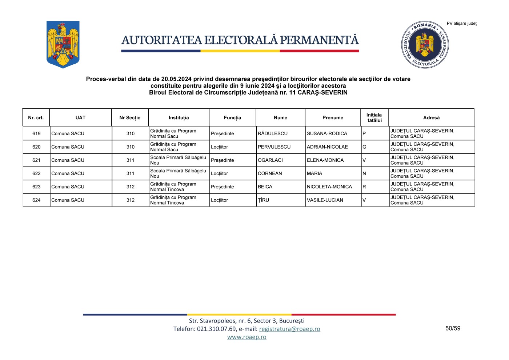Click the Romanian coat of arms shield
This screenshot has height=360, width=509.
click(x=63, y=44)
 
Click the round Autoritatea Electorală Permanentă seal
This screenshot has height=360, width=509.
click(x=425, y=45)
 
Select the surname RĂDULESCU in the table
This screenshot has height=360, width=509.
click(x=272, y=133)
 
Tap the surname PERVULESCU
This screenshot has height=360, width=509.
click(x=274, y=147)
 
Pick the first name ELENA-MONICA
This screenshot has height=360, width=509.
click(x=325, y=160)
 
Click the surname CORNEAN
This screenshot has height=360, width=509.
click(x=270, y=173)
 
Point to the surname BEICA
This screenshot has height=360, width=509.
click(x=265, y=187)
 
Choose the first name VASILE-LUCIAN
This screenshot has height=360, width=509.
click(x=325, y=200)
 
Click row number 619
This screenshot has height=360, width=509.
click(x=36, y=133)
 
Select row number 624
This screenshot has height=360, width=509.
click(x=36, y=200)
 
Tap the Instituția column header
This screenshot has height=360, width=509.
click(x=179, y=118)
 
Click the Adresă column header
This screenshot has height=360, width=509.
click(x=431, y=118)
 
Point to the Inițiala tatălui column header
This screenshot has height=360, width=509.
click(x=374, y=118)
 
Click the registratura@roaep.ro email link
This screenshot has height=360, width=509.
click(x=289, y=329)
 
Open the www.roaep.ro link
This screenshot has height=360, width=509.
click(x=247, y=337)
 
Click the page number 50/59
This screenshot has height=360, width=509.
click(x=453, y=328)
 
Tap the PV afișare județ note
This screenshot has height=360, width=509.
click(x=461, y=24)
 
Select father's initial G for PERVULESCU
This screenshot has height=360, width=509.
click(x=364, y=147)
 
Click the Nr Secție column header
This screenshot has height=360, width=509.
click(x=130, y=118)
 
